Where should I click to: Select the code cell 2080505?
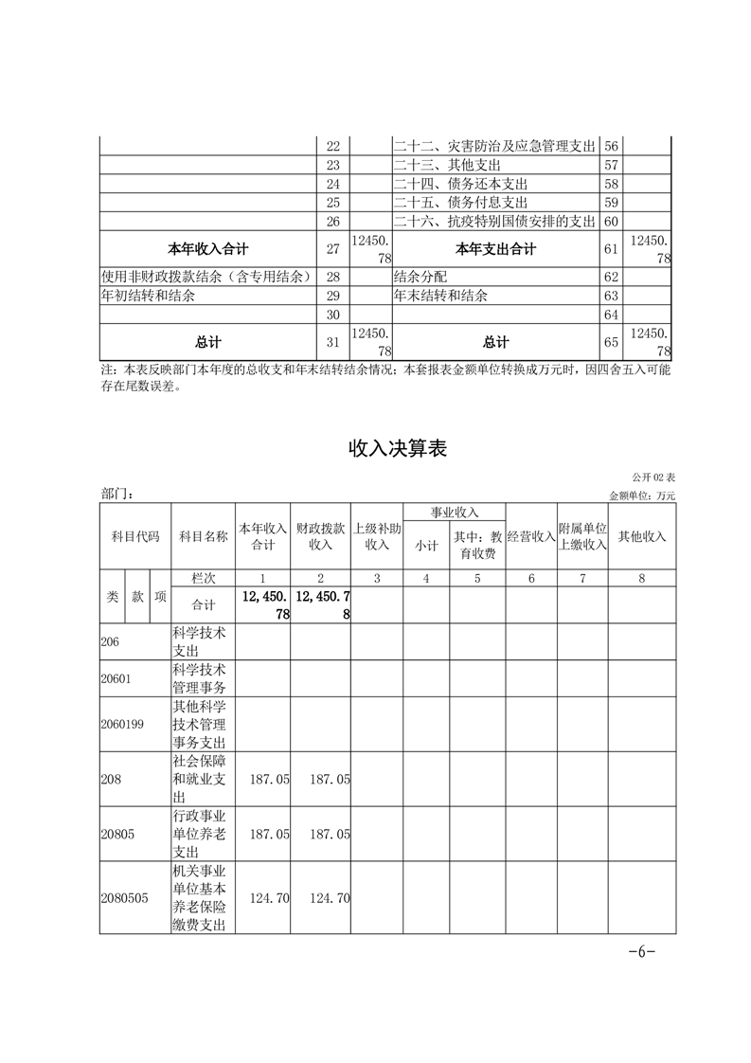point(124,898)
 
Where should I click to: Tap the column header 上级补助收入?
point(377,536)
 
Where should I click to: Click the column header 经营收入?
point(530,536)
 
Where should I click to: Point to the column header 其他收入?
point(641,536)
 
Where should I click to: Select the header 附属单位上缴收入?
point(581,536)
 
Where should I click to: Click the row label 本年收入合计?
point(207,249)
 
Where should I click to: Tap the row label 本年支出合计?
point(495,249)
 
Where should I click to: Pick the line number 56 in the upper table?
point(611,146)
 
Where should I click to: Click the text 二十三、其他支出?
point(448,165)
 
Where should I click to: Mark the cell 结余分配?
point(423,277)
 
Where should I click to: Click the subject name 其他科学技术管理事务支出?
point(199,725)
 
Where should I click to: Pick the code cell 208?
point(111,779)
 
